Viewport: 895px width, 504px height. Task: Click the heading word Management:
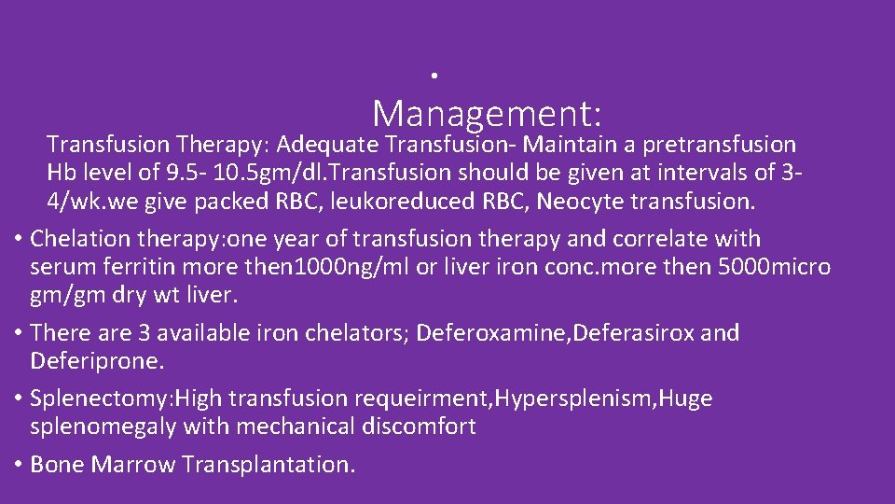pos(487,114)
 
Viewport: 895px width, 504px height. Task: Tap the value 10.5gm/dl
pos(242,173)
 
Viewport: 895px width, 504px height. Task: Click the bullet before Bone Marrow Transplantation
pos(19,465)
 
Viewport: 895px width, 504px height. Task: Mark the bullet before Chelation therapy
pos(19,239)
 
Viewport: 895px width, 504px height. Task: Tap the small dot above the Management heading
pos(435,74)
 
